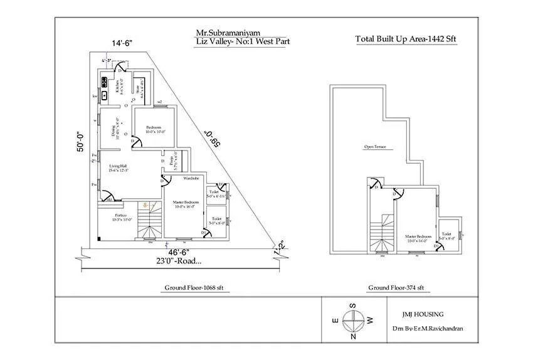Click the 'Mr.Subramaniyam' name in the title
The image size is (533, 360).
(x=224, y=33)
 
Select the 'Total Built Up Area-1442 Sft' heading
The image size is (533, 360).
(x=406, y=39)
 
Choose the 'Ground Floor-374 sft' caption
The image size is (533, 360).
(x=396, y=287)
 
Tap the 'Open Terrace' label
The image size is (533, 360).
(x=375, y=147)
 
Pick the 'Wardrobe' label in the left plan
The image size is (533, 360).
(x=191, y=179)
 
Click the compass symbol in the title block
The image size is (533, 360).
(x=353, y=320)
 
